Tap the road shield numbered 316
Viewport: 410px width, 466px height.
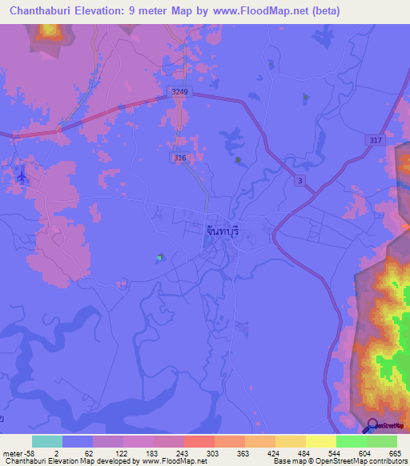click(x=181, y=159)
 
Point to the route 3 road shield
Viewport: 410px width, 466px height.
click(x=300, y=181)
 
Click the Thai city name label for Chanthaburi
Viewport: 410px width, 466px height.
click(x=223, y=230)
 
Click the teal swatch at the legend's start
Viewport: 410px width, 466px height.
click(x=46, y=441)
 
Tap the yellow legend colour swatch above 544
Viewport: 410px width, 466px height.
click(x=320, y=441)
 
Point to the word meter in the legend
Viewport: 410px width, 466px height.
click(x=13, y=453)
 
